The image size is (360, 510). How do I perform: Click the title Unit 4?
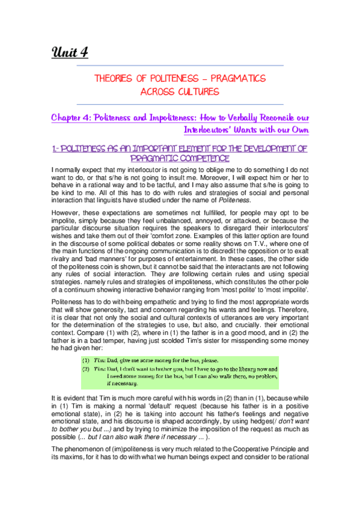click(70, 52)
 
